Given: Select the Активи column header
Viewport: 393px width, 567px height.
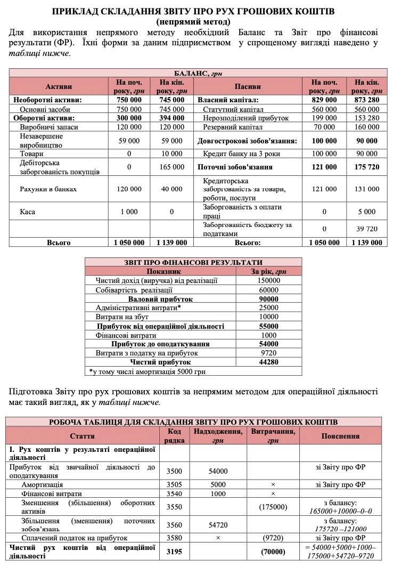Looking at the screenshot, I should [x=59, y=86].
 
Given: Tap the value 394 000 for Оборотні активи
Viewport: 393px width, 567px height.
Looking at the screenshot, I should [x=171, y=118].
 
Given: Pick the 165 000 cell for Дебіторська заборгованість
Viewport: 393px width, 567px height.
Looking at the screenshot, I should [x=171, y=167].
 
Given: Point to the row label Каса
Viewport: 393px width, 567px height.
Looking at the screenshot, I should [x=28, y=212].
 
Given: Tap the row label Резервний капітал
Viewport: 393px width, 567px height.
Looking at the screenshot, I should [x=233, y=127].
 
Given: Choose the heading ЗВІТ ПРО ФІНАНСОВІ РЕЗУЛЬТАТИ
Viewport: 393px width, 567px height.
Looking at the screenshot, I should [x=193, y=262].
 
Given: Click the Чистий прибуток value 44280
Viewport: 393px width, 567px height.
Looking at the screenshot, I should [x=269, y=362].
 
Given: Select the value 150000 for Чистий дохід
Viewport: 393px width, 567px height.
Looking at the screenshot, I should [x=269, y=280].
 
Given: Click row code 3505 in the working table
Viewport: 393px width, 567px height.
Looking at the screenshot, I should [x=174, y=485].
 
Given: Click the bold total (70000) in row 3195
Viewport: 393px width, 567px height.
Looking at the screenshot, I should [x=273, y=552].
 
